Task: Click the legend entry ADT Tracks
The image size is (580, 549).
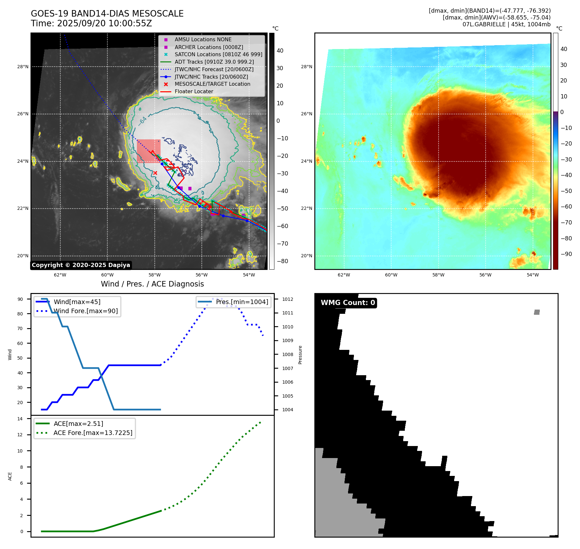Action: (214, 62)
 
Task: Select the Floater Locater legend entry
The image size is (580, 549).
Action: (194, 92)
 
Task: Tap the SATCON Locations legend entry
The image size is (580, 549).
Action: (218, 54)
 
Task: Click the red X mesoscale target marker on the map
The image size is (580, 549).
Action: (155, 173)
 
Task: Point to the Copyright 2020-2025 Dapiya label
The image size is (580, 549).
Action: (81, 265)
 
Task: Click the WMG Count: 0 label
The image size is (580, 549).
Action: (348, 303)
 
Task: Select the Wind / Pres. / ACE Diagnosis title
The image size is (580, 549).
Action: (152, 284)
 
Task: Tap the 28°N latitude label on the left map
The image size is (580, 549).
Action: (23, 67)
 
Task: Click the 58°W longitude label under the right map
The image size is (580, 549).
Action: (438, 275)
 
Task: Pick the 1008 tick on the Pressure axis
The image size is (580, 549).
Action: (287, 354)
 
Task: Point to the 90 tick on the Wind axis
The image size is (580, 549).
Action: (20, 299)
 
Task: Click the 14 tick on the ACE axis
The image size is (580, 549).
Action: (20, 419)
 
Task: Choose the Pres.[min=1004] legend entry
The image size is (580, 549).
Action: (242, 302)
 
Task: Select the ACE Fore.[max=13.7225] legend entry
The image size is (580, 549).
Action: (93, 433)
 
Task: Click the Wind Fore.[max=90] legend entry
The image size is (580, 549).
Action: (86, 311)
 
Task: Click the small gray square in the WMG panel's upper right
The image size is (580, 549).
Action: (537, 312)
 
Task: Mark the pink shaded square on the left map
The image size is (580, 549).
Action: (149, 151)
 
